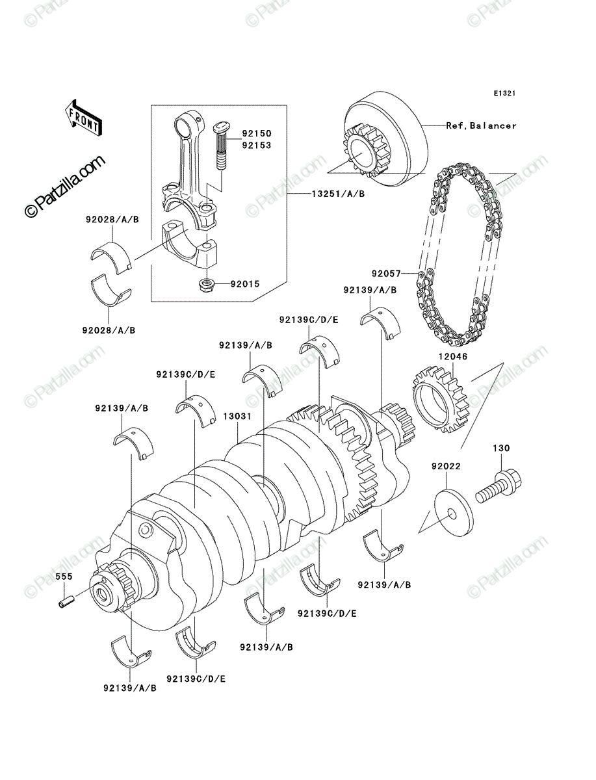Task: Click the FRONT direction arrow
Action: click(83, 117)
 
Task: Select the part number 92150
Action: click(257, 134)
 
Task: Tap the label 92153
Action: click(257, 146)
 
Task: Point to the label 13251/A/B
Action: click(338, 194)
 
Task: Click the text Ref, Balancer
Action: click(481, 125)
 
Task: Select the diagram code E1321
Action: click(504, 94)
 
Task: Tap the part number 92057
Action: click(387, 274)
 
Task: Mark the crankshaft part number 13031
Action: click(237, 416)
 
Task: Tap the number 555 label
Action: click(64, 577)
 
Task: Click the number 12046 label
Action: click(453, 356)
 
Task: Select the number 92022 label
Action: click(446, 466)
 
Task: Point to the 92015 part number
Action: click(245, 284)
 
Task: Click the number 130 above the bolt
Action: click(501, 448)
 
